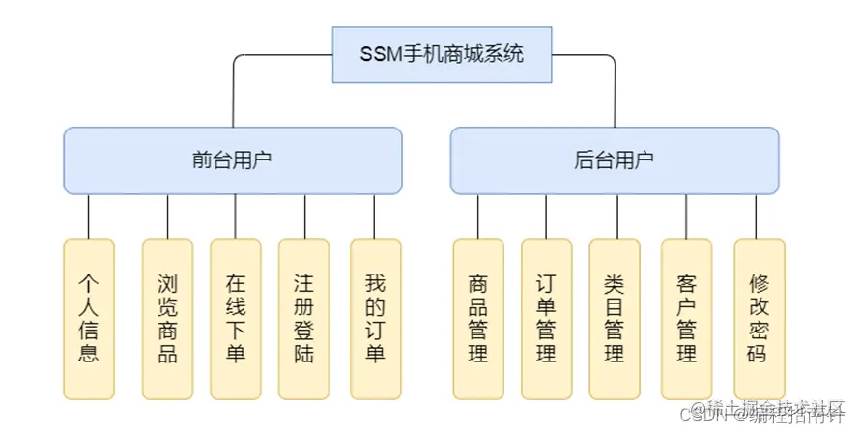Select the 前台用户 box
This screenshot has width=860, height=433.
point(233,160)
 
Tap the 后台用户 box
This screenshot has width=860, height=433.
point(614,160)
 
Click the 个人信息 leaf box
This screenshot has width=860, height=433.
point(89,318)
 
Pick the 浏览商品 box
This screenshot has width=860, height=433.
point(167,318)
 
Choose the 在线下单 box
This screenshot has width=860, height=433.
point(236,318)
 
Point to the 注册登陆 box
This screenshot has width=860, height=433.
point(304,318)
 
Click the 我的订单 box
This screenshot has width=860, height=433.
point(375,318)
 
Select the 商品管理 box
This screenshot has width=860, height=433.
point(478,318)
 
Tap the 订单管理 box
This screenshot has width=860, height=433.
point(546,318)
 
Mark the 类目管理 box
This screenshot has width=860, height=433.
point(615,318)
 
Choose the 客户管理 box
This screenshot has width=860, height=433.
point(686,318)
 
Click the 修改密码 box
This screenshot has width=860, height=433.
point(759,318)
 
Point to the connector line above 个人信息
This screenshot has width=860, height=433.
point(89,216)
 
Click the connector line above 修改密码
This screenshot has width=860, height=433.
point(759,216)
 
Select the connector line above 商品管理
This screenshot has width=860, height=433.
point(478,216)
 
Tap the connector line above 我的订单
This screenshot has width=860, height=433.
point(375,216)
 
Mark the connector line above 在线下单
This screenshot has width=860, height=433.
point(236,216)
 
